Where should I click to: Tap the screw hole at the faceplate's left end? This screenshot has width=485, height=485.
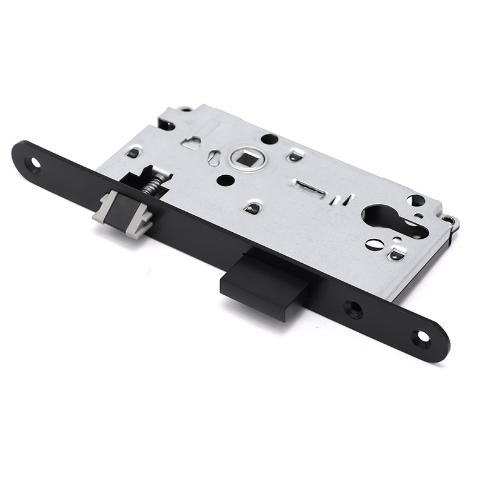(33, 162)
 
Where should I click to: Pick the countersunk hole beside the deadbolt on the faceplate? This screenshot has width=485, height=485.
(353, 309)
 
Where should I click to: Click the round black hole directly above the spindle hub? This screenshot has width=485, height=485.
(270, 139)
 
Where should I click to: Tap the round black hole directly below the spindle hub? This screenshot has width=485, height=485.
(226, 179)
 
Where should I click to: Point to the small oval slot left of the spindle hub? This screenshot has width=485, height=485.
(214, 158)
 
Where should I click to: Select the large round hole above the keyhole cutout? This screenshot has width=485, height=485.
(416, 200)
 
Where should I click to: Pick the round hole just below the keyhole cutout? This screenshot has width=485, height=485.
(375, 244)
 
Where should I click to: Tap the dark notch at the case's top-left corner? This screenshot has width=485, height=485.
(166, 125)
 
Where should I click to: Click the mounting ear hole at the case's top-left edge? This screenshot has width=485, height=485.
(184, 110)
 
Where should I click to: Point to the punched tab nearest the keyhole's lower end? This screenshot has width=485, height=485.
(397, 254)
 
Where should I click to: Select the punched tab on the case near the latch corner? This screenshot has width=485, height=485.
(133, 152)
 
